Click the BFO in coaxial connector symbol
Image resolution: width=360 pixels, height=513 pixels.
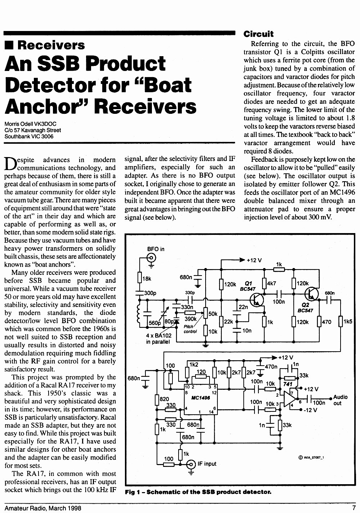tap(151, 258)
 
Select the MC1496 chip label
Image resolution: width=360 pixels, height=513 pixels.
tap(201, 398)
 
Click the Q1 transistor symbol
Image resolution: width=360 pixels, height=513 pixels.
tap(256, 300)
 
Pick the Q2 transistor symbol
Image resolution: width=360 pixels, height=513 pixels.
tap(311, 294)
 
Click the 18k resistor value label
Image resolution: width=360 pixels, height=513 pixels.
tap(147, 279)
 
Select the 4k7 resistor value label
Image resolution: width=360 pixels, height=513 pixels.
tap(272, 284)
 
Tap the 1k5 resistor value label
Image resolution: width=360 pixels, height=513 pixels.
tap(348, 322)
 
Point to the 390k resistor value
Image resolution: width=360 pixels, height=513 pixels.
tap(190, 319)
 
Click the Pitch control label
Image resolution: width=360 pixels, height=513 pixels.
tap(190, 329)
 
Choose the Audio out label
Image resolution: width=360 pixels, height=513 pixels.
tap(340, 400)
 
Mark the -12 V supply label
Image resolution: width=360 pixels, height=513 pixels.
tap(310, 410)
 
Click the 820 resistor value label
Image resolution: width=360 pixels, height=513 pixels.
tap(164, 399)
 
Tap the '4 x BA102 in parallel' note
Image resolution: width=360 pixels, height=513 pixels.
tap(159, 339)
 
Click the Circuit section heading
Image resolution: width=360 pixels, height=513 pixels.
tap(258, 34)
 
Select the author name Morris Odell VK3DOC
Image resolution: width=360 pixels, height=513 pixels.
tap(31, 124)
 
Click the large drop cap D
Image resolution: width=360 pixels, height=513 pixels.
tap(10, 164)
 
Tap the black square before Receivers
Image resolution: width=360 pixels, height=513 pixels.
tap(9, 45)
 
